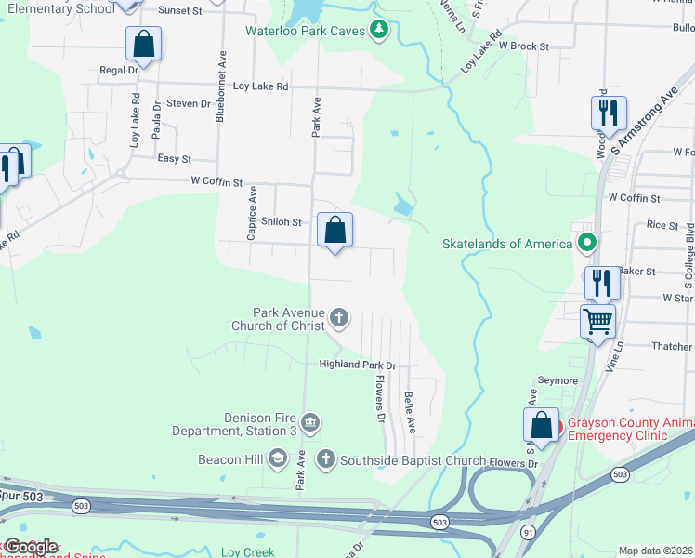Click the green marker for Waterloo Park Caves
[378, 30]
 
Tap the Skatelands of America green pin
[587, 244]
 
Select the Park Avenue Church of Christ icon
[339, 318]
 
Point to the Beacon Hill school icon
[277, 458]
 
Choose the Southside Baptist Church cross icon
[325, 458]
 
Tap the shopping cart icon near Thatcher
[598, 322]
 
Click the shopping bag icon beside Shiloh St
[335, 230]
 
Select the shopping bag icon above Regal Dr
[144, 43]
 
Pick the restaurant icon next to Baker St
[601, 282]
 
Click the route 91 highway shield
[529, 532]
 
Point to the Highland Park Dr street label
[358, 365]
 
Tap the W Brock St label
[524, 45]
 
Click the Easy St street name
[174, 159]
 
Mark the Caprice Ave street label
[252, 213]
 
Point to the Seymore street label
[558, 380]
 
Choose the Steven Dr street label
[190, 103]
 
